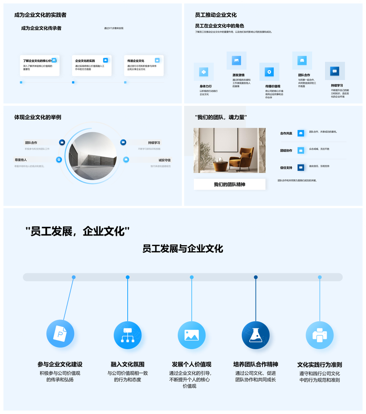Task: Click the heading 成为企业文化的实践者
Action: click(x=40, y=15)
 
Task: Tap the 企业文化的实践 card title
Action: click(x=85, y=61)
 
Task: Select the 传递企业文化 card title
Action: click(x=136, y=61)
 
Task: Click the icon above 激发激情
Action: click(x=236, y=60)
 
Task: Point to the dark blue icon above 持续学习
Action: click(x=335, y=71)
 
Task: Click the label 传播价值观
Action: click(x=273, y=86)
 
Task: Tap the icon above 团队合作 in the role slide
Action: click(x=302, y=60)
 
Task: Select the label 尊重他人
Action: click(x=21, y=160)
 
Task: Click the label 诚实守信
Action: click(x=165, y=160)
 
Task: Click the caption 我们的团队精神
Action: click(x=230, y=184)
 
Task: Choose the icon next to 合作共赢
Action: click(x=301, y=133)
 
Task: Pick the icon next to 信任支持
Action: click(x=301, y=167)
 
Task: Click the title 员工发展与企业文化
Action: click(x=183, y=249)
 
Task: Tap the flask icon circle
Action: click(x=255, y=335)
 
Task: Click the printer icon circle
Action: click(x=319, y=335)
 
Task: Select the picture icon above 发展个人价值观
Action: click(x=191, y=335)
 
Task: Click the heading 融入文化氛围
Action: click(x=127, y=364)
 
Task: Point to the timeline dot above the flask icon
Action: click(x=256, y=277)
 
